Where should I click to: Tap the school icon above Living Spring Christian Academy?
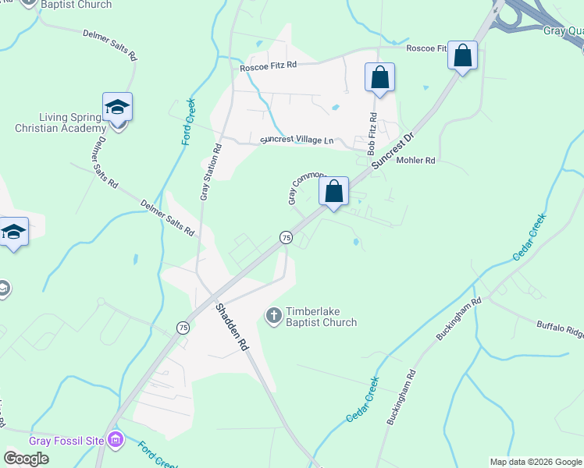coord(117,107)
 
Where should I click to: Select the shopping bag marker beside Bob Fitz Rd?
coord(379,78)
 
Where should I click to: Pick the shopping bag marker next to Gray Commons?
coord(333,191)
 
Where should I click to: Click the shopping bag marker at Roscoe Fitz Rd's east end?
coord(463,56)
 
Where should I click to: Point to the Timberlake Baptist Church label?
coord(321,316)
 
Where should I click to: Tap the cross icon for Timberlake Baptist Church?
coord(274,316)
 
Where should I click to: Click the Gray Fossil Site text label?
coord(66,441)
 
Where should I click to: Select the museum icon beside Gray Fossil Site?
coord(116,441)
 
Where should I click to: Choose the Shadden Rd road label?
coord(232,327)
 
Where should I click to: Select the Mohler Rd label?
coord(415,160)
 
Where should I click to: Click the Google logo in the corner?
coord(26,458)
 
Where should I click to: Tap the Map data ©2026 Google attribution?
coord(535,462)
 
